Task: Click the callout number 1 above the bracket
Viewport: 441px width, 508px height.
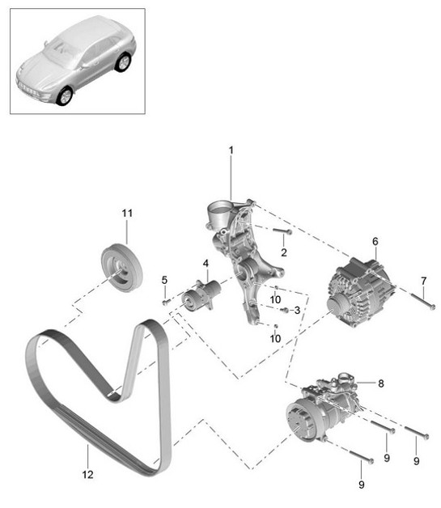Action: point(231,150)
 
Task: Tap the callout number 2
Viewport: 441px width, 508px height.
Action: point(283,253)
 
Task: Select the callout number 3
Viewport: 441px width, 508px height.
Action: point(297,311)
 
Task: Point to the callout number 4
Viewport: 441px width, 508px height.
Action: point(206,263)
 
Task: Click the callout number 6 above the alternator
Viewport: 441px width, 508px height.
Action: point(375,241)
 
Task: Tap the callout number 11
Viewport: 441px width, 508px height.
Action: point(126,213)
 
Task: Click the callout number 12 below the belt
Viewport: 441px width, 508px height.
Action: point(87,475)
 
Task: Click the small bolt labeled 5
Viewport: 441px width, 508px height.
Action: point(166,300)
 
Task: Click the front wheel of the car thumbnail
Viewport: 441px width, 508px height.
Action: point(63,96)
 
